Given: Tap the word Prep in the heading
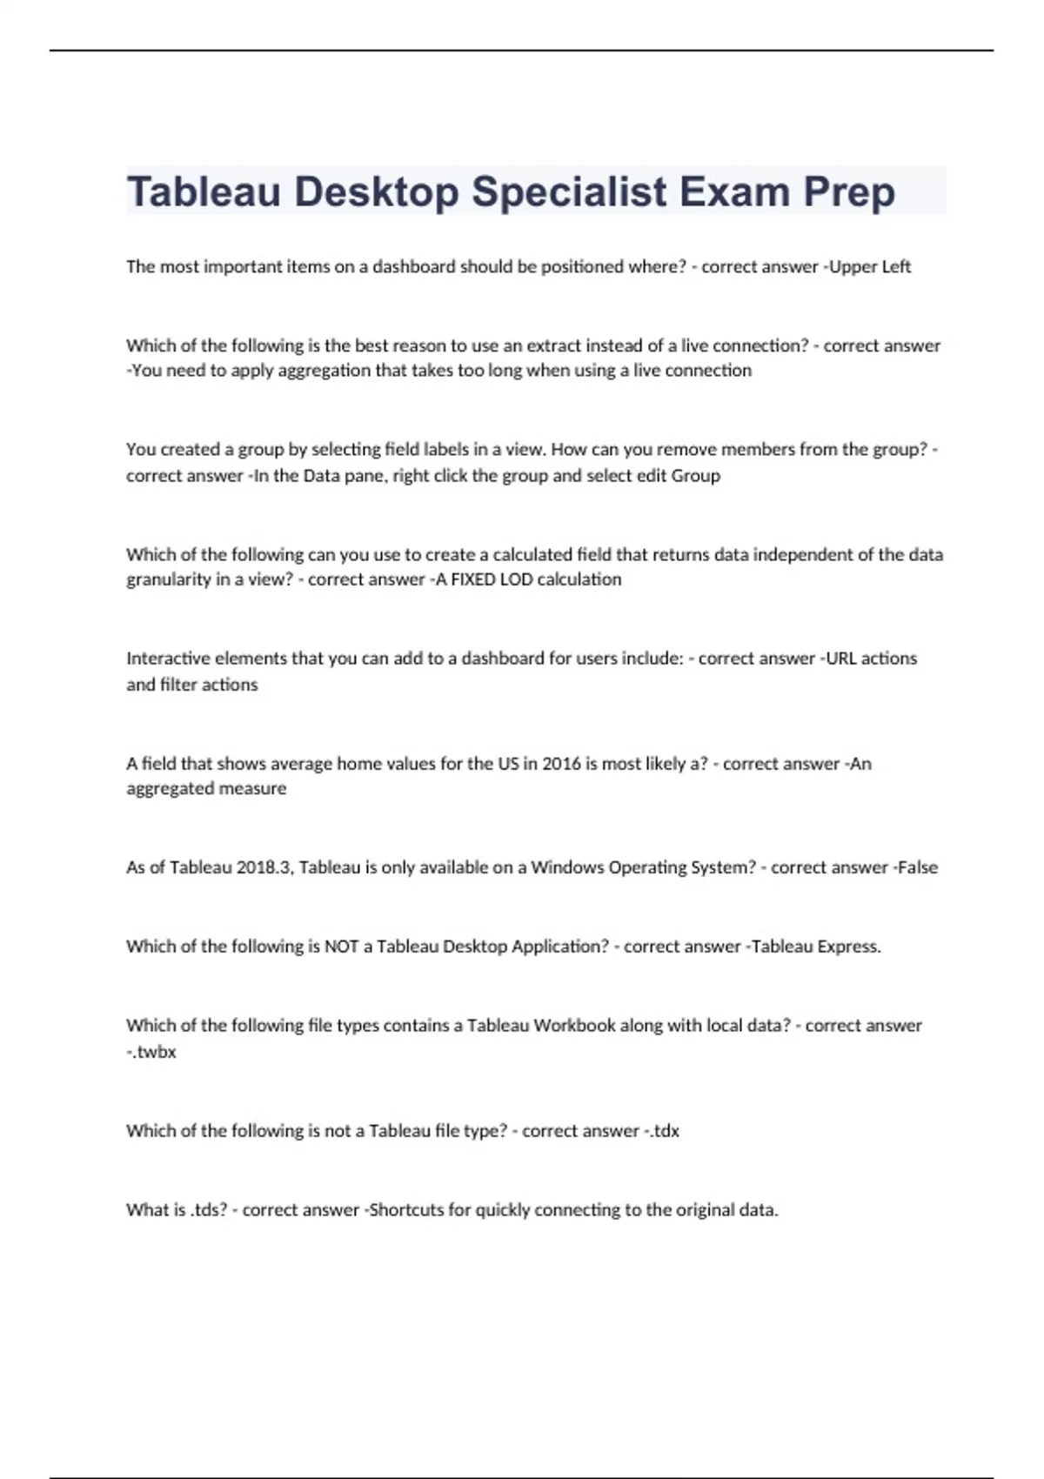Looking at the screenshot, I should click(848, 192).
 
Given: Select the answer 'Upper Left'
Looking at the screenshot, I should click(870, 267).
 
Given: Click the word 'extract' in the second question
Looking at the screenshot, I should click(553, 345).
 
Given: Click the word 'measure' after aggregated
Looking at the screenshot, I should click(255, 789).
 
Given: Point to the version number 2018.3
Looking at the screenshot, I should click(264, 867).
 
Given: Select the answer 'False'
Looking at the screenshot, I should click(917, 867).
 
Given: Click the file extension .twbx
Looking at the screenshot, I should click(154, 1052).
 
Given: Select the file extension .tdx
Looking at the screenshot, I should click(664, 1131).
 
